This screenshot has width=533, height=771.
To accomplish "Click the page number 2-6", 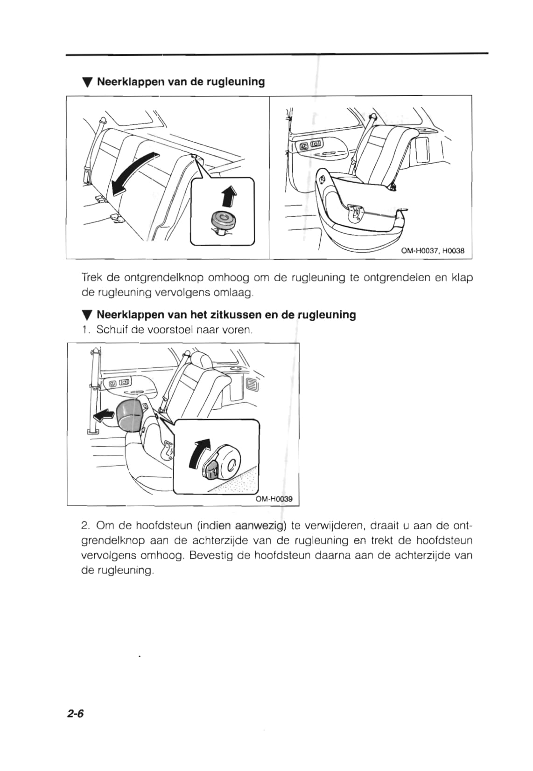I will (x=75, y=713).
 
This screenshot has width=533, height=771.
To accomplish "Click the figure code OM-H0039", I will (x=274, y=499).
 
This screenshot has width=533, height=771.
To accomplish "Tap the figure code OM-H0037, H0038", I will (x=433, y=251).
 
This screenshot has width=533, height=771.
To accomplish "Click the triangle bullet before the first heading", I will (x=86, y=83).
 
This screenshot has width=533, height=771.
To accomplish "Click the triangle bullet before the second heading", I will (x=86, y=316).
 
